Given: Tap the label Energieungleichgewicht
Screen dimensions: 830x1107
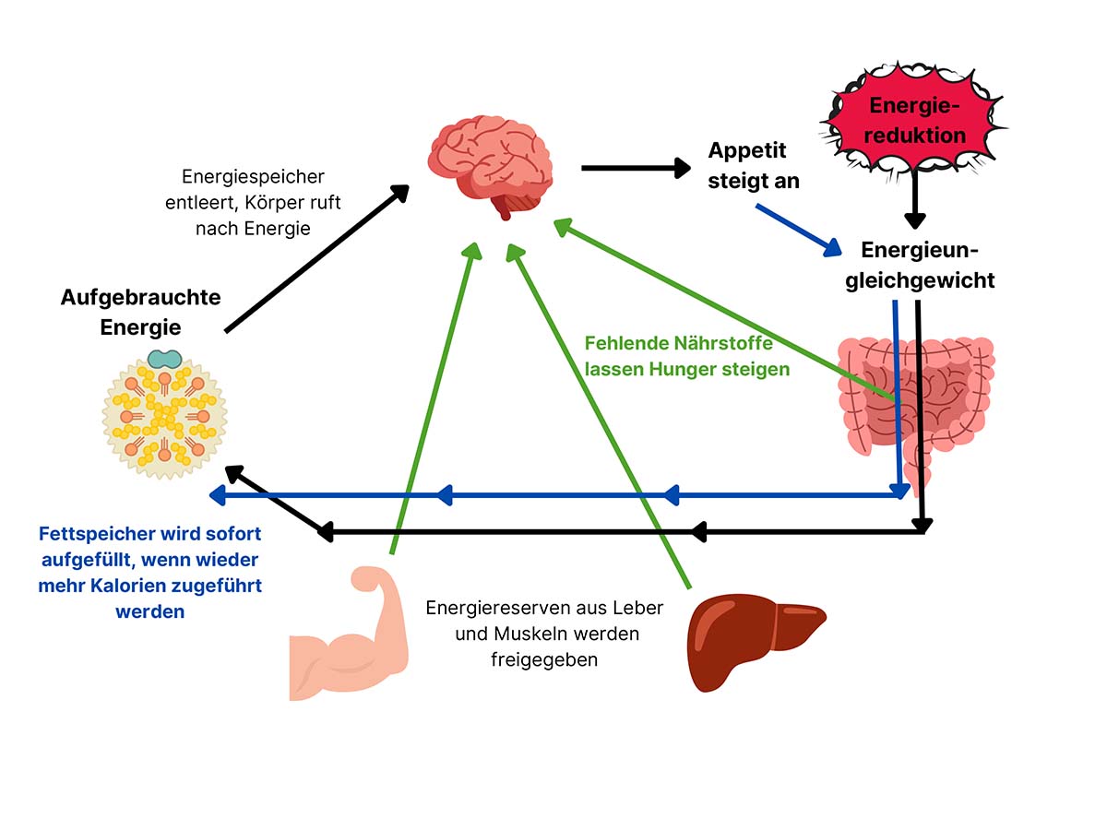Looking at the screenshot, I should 920,265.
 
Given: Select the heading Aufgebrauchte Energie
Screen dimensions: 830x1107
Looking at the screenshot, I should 140,312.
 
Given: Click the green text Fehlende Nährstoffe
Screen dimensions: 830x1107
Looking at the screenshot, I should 679,343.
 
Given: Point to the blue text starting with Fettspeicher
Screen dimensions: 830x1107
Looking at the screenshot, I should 149,572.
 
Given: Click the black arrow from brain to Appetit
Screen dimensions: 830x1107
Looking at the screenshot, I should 636,168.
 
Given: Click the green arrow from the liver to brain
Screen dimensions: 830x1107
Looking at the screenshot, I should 600,415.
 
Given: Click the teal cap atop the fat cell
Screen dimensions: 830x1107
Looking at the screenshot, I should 165,359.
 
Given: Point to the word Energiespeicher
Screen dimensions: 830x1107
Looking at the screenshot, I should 253,176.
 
